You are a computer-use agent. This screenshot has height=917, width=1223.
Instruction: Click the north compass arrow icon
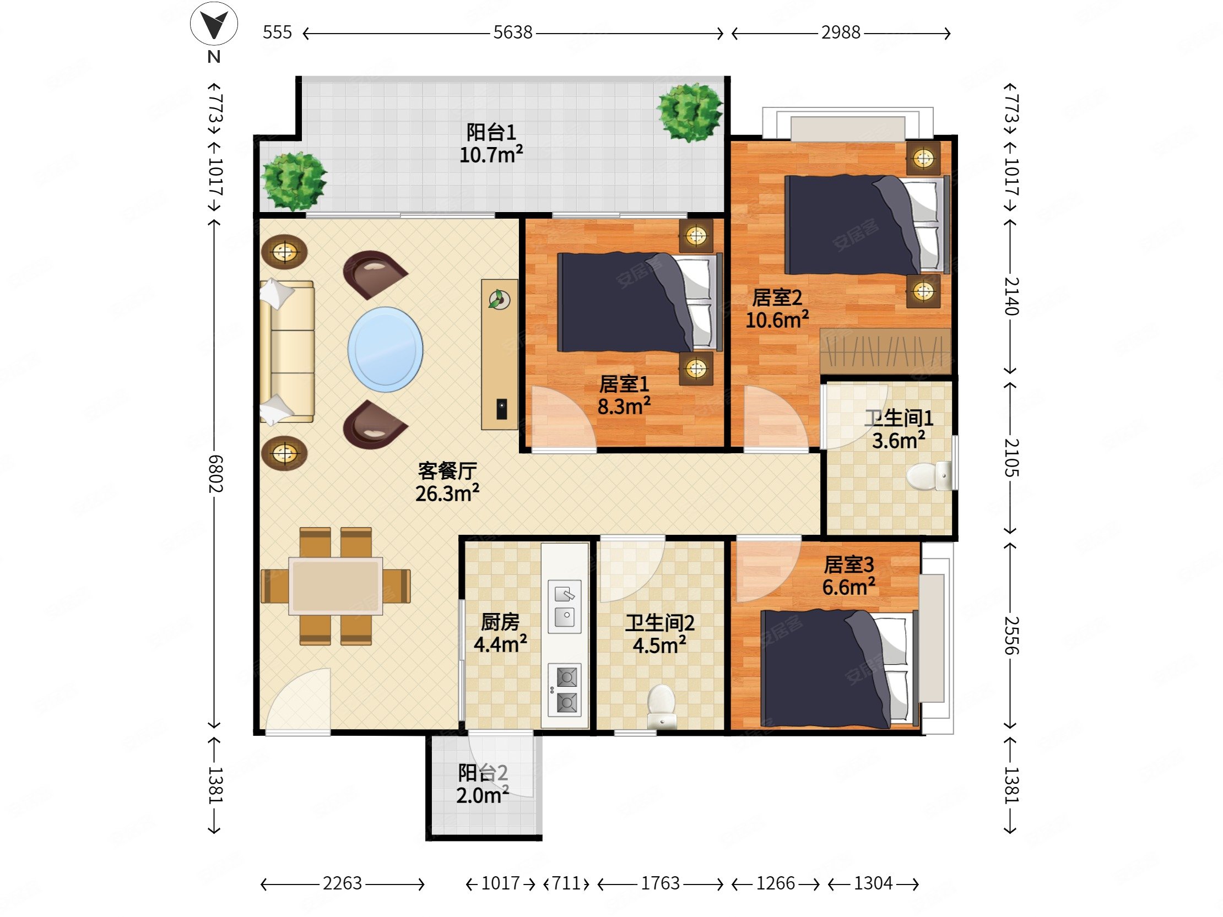click(x=214, y=25)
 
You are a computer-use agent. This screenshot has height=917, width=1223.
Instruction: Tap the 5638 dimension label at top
click(x=512, y=32)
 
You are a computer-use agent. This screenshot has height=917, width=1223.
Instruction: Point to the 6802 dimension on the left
click(x=215, y=474)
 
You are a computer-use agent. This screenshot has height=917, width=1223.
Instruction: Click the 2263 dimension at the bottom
click(x=342, y=883)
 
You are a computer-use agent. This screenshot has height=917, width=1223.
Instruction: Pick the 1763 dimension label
click(x=660, y=883)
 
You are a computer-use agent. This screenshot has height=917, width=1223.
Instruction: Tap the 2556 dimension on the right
click(x=1011, y=636)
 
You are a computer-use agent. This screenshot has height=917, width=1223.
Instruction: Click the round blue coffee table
click(x=386, y=349)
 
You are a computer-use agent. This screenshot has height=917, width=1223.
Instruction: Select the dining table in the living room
click(x=335, y=586)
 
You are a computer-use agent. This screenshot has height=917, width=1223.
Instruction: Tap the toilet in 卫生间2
click(x=662, y=706)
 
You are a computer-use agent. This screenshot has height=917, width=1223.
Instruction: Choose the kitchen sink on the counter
click(x=565, y=606)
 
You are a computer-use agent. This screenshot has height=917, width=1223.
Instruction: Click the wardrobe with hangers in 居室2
click(x=885, y=350)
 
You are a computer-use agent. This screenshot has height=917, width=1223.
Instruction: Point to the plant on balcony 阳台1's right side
click(x=690, y=112)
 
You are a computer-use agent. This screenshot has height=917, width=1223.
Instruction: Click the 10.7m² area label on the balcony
click(x=491, y=155)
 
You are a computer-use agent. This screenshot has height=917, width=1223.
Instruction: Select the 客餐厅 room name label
click(x=447, y=471)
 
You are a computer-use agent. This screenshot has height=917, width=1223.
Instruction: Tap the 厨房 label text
click(x=500, y=622)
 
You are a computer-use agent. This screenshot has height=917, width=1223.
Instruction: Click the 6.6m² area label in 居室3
click(x=848, y=587)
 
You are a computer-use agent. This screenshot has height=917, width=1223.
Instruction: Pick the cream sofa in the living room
click(x=287, y=351)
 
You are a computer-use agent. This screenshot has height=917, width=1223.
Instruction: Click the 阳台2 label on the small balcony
click(x=483, y=773)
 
